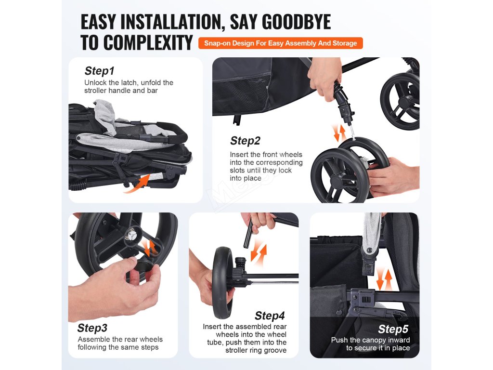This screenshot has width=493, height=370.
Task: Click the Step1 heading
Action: (99, 71)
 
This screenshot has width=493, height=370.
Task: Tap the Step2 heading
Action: (245, 141)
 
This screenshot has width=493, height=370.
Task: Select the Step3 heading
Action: (92, 328)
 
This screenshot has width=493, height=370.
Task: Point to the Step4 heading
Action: (270, 315)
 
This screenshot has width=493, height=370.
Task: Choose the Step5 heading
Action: (393, 329)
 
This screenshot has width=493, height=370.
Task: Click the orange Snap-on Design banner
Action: (281, 43)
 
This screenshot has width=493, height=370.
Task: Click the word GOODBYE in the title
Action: (296, 22)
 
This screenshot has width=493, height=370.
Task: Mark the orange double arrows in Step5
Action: (384, 279)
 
